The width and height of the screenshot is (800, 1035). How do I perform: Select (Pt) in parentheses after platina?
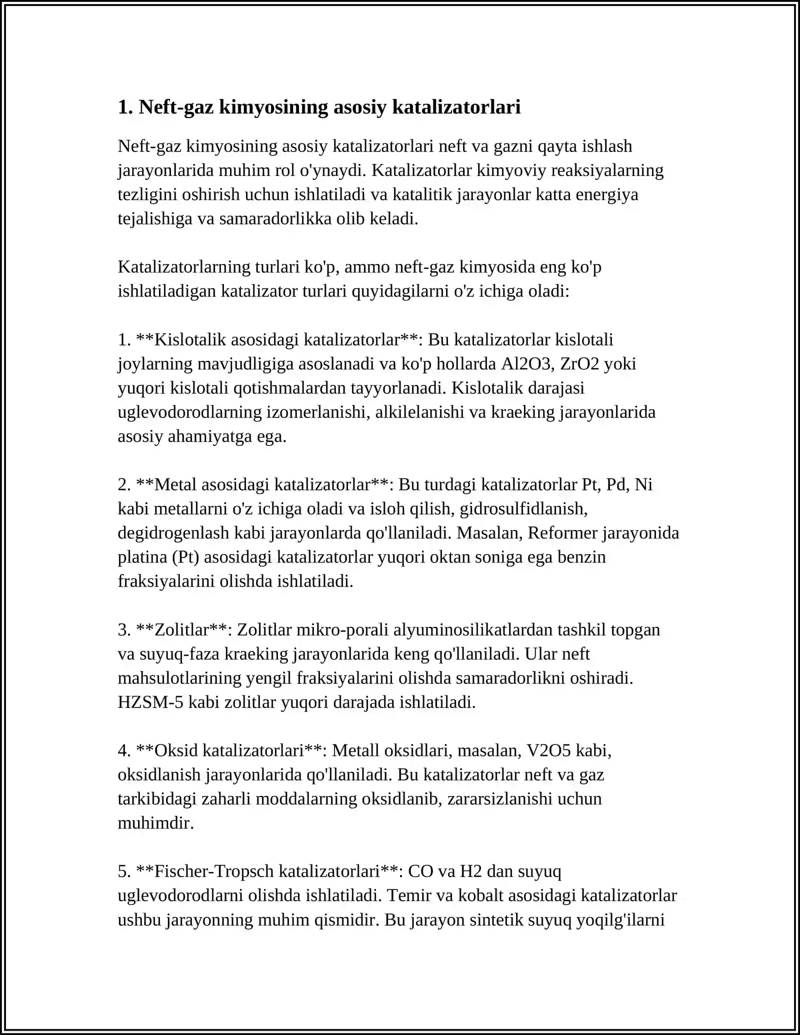click(x=185, y=557)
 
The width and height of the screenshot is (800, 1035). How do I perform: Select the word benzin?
click(x=582, y=557)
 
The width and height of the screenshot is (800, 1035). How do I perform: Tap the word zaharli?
click(x=226, y=799)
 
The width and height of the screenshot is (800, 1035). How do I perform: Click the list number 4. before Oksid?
click(x=124, y=750)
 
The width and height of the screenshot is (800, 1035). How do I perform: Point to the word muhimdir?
click(x=155, y=823)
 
